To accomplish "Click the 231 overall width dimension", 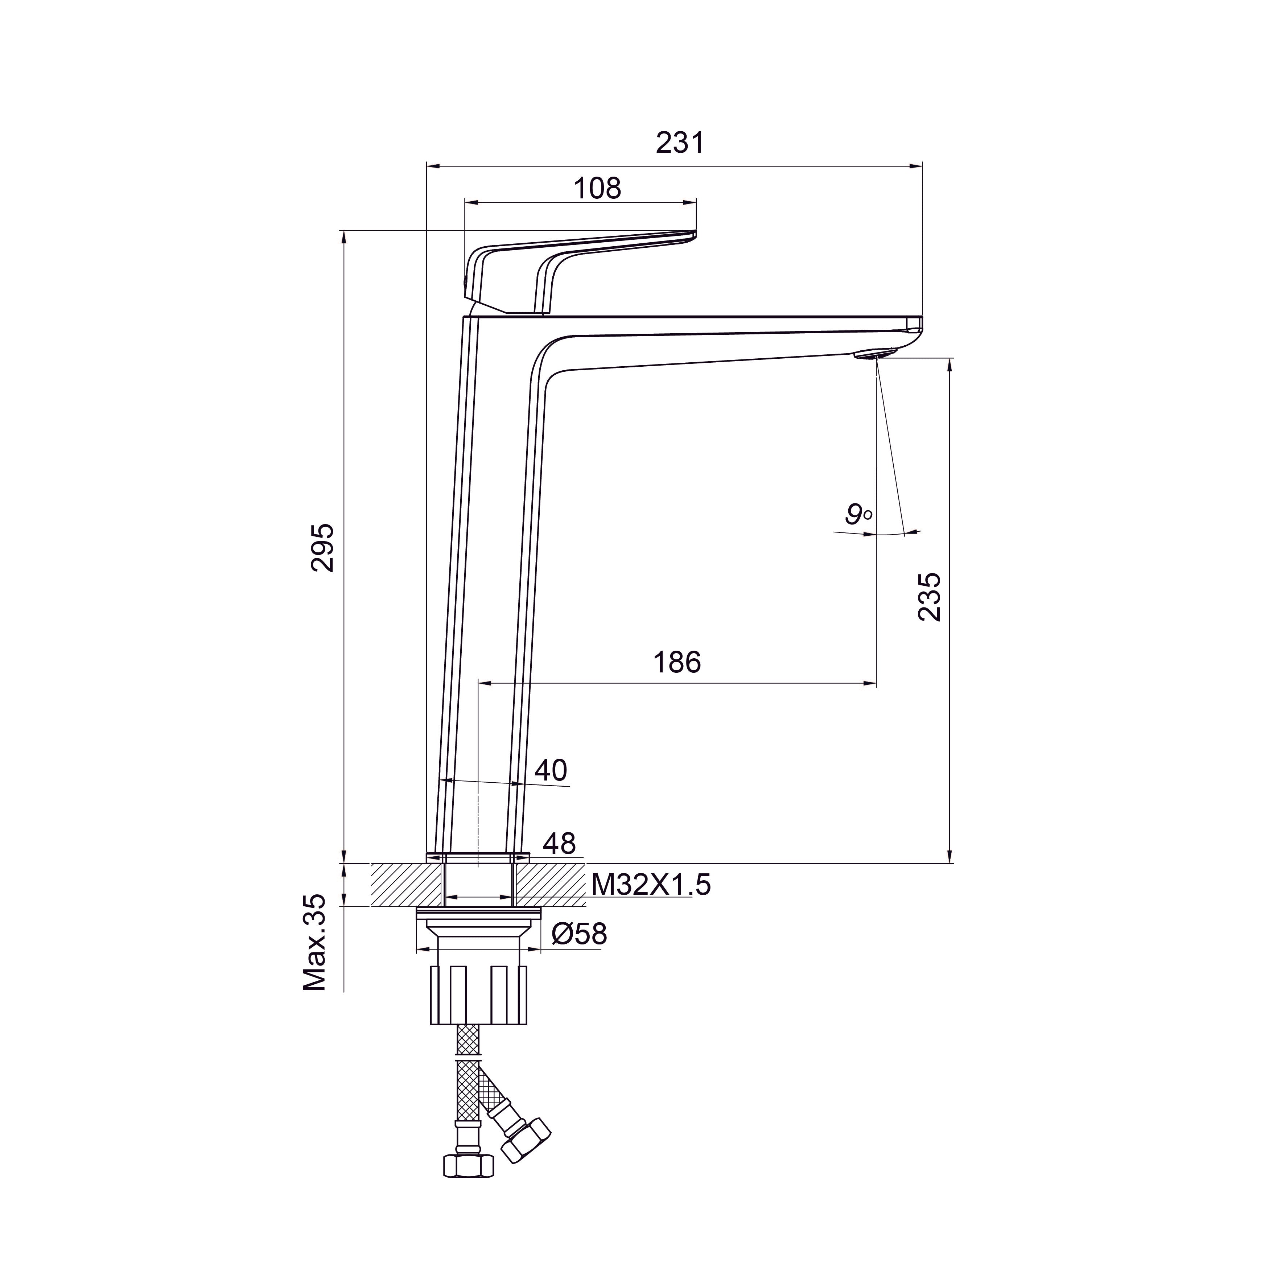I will pyautogui.click(x=679, y=143).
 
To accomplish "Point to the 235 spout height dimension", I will pyautogui.click(x=930, y=597).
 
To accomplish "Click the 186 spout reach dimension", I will pyautogui.click(x=677, y=663).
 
